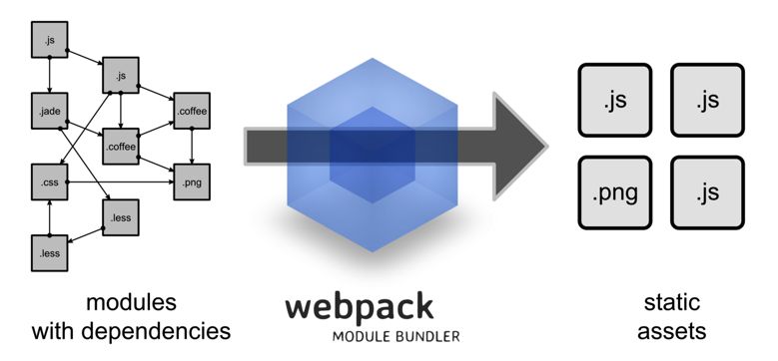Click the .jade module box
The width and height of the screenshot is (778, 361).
tap(48, 110)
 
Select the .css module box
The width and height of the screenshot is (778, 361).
tap(48, 182)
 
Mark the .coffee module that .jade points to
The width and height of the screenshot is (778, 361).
tap(120, 147)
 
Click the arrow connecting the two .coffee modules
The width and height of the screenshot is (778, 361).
tap(156, 129)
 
